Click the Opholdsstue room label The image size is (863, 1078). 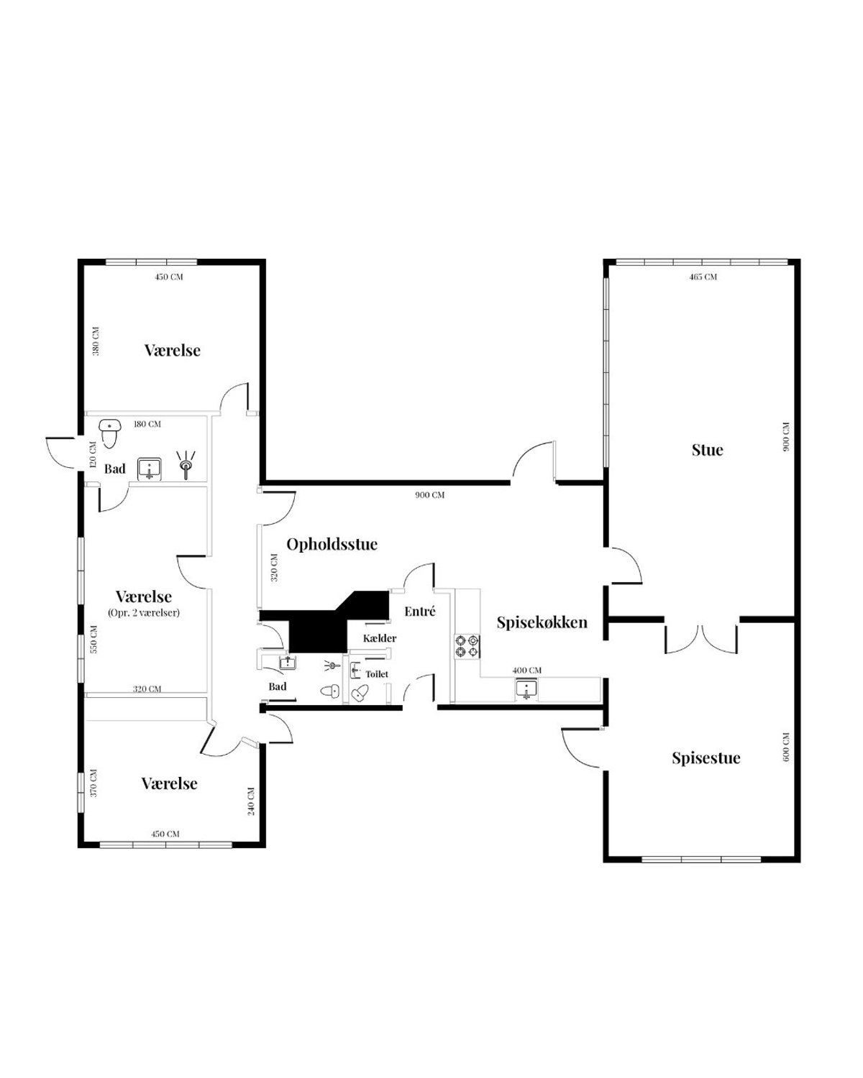click(332, 545)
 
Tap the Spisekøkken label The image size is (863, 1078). click(542, 622)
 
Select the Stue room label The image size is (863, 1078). click(707, 450)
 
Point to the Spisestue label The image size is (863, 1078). click(706, 757)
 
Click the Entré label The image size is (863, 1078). click(420, 611)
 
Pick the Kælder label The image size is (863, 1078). click(380, 638)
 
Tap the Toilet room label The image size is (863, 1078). click(377, 674)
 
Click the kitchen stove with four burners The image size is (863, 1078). click(467, 645)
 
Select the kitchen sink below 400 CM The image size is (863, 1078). click(526, 689)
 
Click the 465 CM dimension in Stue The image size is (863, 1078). click(703, 277)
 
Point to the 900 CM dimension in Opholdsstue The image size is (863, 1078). click(430, 495)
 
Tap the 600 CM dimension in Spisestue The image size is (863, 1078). click(786, 747)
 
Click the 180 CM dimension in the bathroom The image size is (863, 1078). click(147, 424)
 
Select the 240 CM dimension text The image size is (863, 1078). click(251, 801)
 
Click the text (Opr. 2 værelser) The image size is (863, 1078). click(144, 612)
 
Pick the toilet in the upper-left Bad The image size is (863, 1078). click(110, 433)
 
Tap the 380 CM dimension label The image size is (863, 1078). click(96, 341)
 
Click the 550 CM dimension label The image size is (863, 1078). click(93, 639)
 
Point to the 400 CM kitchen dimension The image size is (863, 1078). click(527, 671)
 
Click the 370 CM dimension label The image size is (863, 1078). click(93, 783)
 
